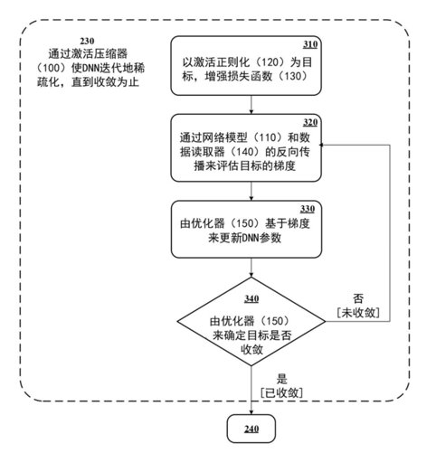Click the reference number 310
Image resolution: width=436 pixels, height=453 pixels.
(310, 44)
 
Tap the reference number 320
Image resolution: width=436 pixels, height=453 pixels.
(310, 122)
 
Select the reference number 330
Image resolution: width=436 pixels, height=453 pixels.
(308, 209)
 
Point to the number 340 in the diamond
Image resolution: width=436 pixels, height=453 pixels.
(251, 299)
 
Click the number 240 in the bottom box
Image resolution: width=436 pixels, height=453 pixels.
(251, 429)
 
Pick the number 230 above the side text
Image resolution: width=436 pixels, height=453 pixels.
(87, 41)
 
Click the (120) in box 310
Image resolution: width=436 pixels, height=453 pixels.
(270, 62)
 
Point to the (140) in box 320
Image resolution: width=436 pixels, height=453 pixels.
(244, 152)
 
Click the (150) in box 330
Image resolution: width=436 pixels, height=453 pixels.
(244, 223)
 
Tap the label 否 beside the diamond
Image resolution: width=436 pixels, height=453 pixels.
(358, 298)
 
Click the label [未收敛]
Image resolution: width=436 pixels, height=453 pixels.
(358, 313)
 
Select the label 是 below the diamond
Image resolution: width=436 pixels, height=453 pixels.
(282, 379)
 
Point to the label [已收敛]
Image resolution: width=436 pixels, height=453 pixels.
(281, 392)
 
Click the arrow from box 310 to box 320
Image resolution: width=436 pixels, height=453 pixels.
(251, 105)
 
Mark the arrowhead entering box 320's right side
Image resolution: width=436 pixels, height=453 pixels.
(322, 145)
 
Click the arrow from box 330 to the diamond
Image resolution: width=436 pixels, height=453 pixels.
(251, 268)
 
